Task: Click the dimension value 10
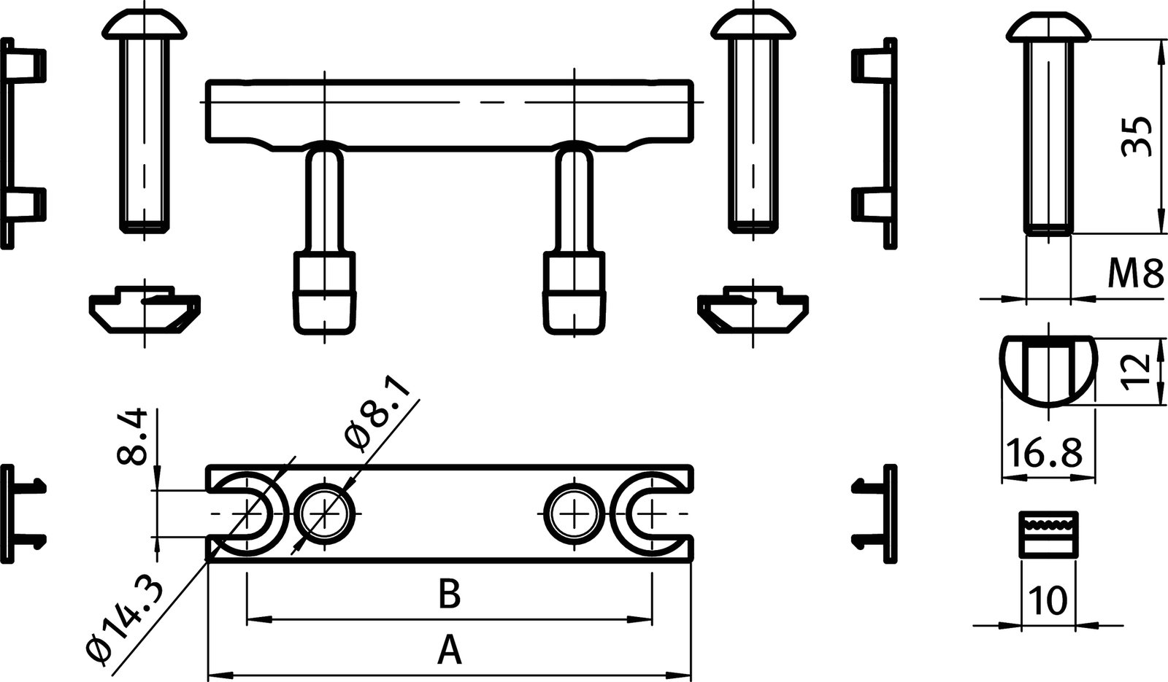1048,601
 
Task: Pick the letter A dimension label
450,650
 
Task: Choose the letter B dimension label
450,595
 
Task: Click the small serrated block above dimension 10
1048,533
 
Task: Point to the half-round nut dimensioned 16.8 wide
1048,371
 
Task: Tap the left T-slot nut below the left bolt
145,311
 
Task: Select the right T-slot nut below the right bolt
753,311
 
